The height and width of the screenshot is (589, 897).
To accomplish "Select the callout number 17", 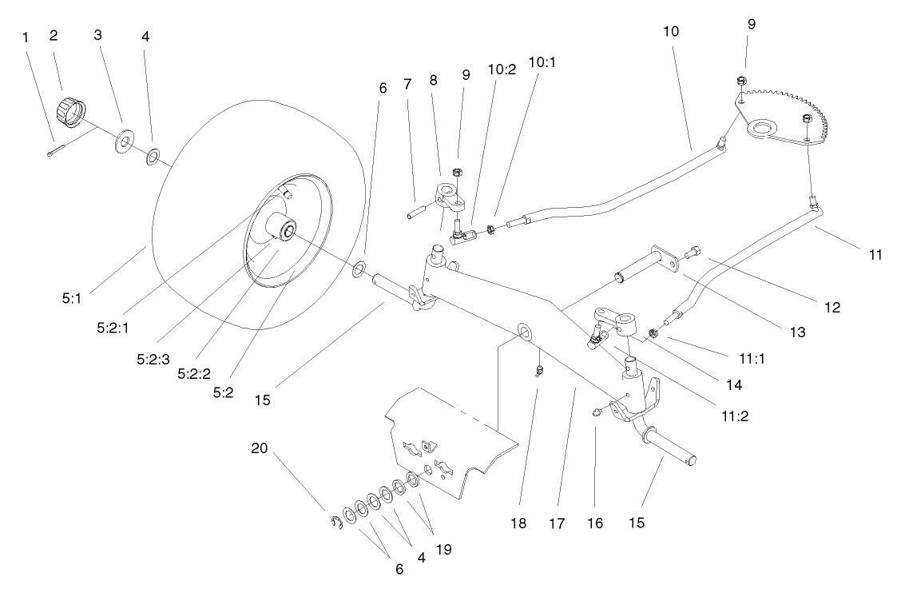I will pyautogui.click(x=556, y=524).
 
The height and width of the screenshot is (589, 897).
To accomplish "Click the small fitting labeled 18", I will pyautogui.click(x=539, y=368).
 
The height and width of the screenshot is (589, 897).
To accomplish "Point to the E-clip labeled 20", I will pyautogui.click(x=335, y=523).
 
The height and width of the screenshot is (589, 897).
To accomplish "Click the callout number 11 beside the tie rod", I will pyautogui.click(x=875, y=256).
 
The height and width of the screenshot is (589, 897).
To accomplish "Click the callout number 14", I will pyautogui.click(x=732, y=384).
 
